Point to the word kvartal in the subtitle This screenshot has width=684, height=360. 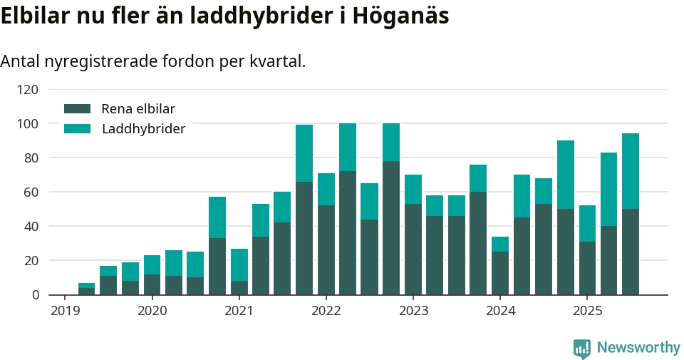click(x=275, y=61)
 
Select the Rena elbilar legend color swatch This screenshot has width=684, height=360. click(x=78, y=109)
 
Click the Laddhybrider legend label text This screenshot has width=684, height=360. click(x=143, y=129)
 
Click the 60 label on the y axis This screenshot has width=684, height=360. click(x=31, y=192)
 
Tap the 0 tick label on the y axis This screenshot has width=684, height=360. click(x=35, y=294)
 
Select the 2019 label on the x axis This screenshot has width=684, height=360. click(x=65, y=311)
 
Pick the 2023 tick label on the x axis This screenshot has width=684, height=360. click(x=413, y=311)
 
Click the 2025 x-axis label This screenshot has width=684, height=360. click(x=587, y=311)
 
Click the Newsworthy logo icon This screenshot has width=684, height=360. click(x=582, y=348)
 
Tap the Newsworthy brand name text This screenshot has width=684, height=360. click(x=638, y=348)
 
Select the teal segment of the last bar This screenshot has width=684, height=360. click(x=631, y=171)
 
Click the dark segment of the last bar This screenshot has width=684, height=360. click(x=631, y=252)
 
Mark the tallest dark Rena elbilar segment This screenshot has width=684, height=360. click(x=391, y=227)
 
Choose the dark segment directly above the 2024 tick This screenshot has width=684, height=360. click(x=500, y=273)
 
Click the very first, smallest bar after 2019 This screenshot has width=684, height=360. click(x=87, y=289)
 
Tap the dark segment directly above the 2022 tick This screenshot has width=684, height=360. click(x=326, y=250)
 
